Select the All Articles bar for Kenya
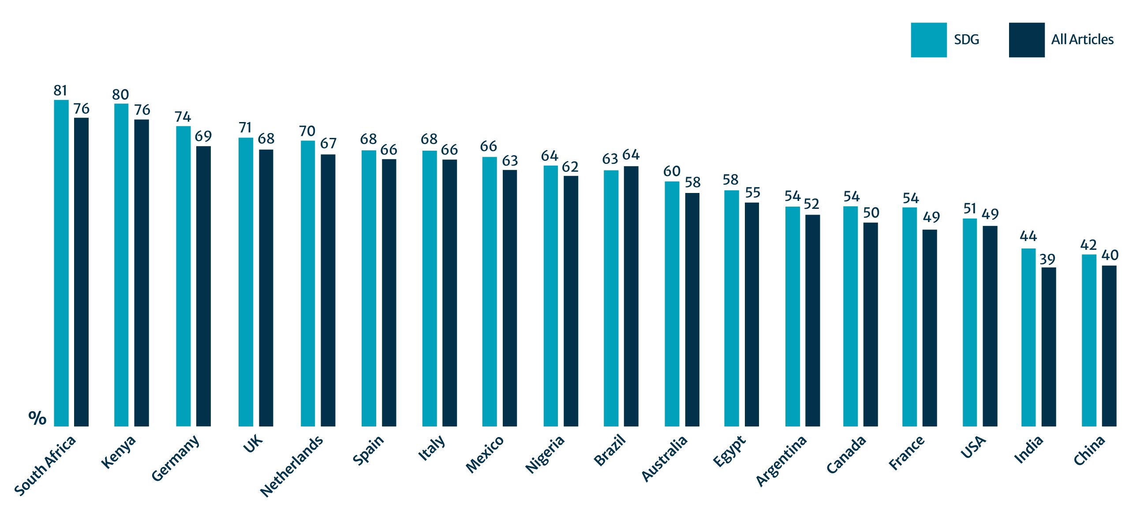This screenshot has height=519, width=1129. [142, 273]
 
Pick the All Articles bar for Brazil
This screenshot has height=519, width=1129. [631, 296]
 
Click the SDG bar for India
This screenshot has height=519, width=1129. [1028, 337]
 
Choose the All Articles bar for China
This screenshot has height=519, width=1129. [1109, 346]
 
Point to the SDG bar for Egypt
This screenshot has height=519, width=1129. [731, 308]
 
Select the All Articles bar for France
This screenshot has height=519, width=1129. [930, 328]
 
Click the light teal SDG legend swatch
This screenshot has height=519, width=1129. [928, 40]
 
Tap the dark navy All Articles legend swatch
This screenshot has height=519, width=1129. [1026, 40]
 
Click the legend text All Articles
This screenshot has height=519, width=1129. [1082, 40]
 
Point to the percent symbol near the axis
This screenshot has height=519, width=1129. [37, 418]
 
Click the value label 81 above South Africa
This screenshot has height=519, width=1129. [60, 90]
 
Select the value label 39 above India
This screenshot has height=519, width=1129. [1047, 259]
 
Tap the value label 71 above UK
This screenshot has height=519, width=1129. [245, 128]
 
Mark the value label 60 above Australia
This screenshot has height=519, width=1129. [672, 171]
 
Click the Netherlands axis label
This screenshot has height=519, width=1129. [292, 466]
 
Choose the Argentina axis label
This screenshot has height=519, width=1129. [781, 460]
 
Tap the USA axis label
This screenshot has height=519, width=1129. [973, 447]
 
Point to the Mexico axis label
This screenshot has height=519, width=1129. [485, 454]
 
